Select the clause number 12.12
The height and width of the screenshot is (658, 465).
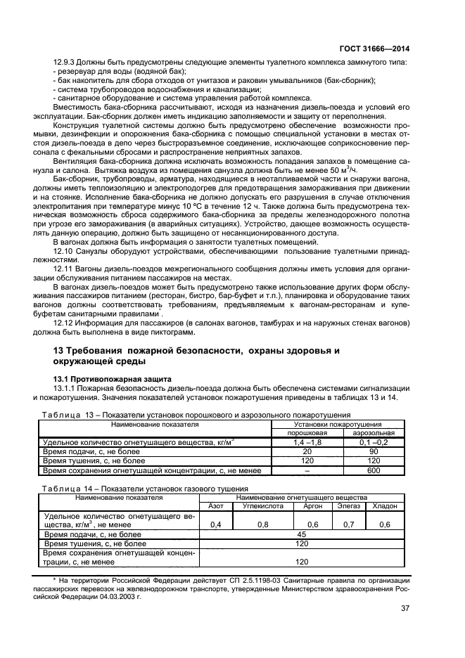64,322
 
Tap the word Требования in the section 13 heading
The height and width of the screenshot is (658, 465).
102,350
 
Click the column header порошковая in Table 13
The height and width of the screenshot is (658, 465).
306,433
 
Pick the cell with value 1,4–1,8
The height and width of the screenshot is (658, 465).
306,442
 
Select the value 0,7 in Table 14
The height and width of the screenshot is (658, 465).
348,524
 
